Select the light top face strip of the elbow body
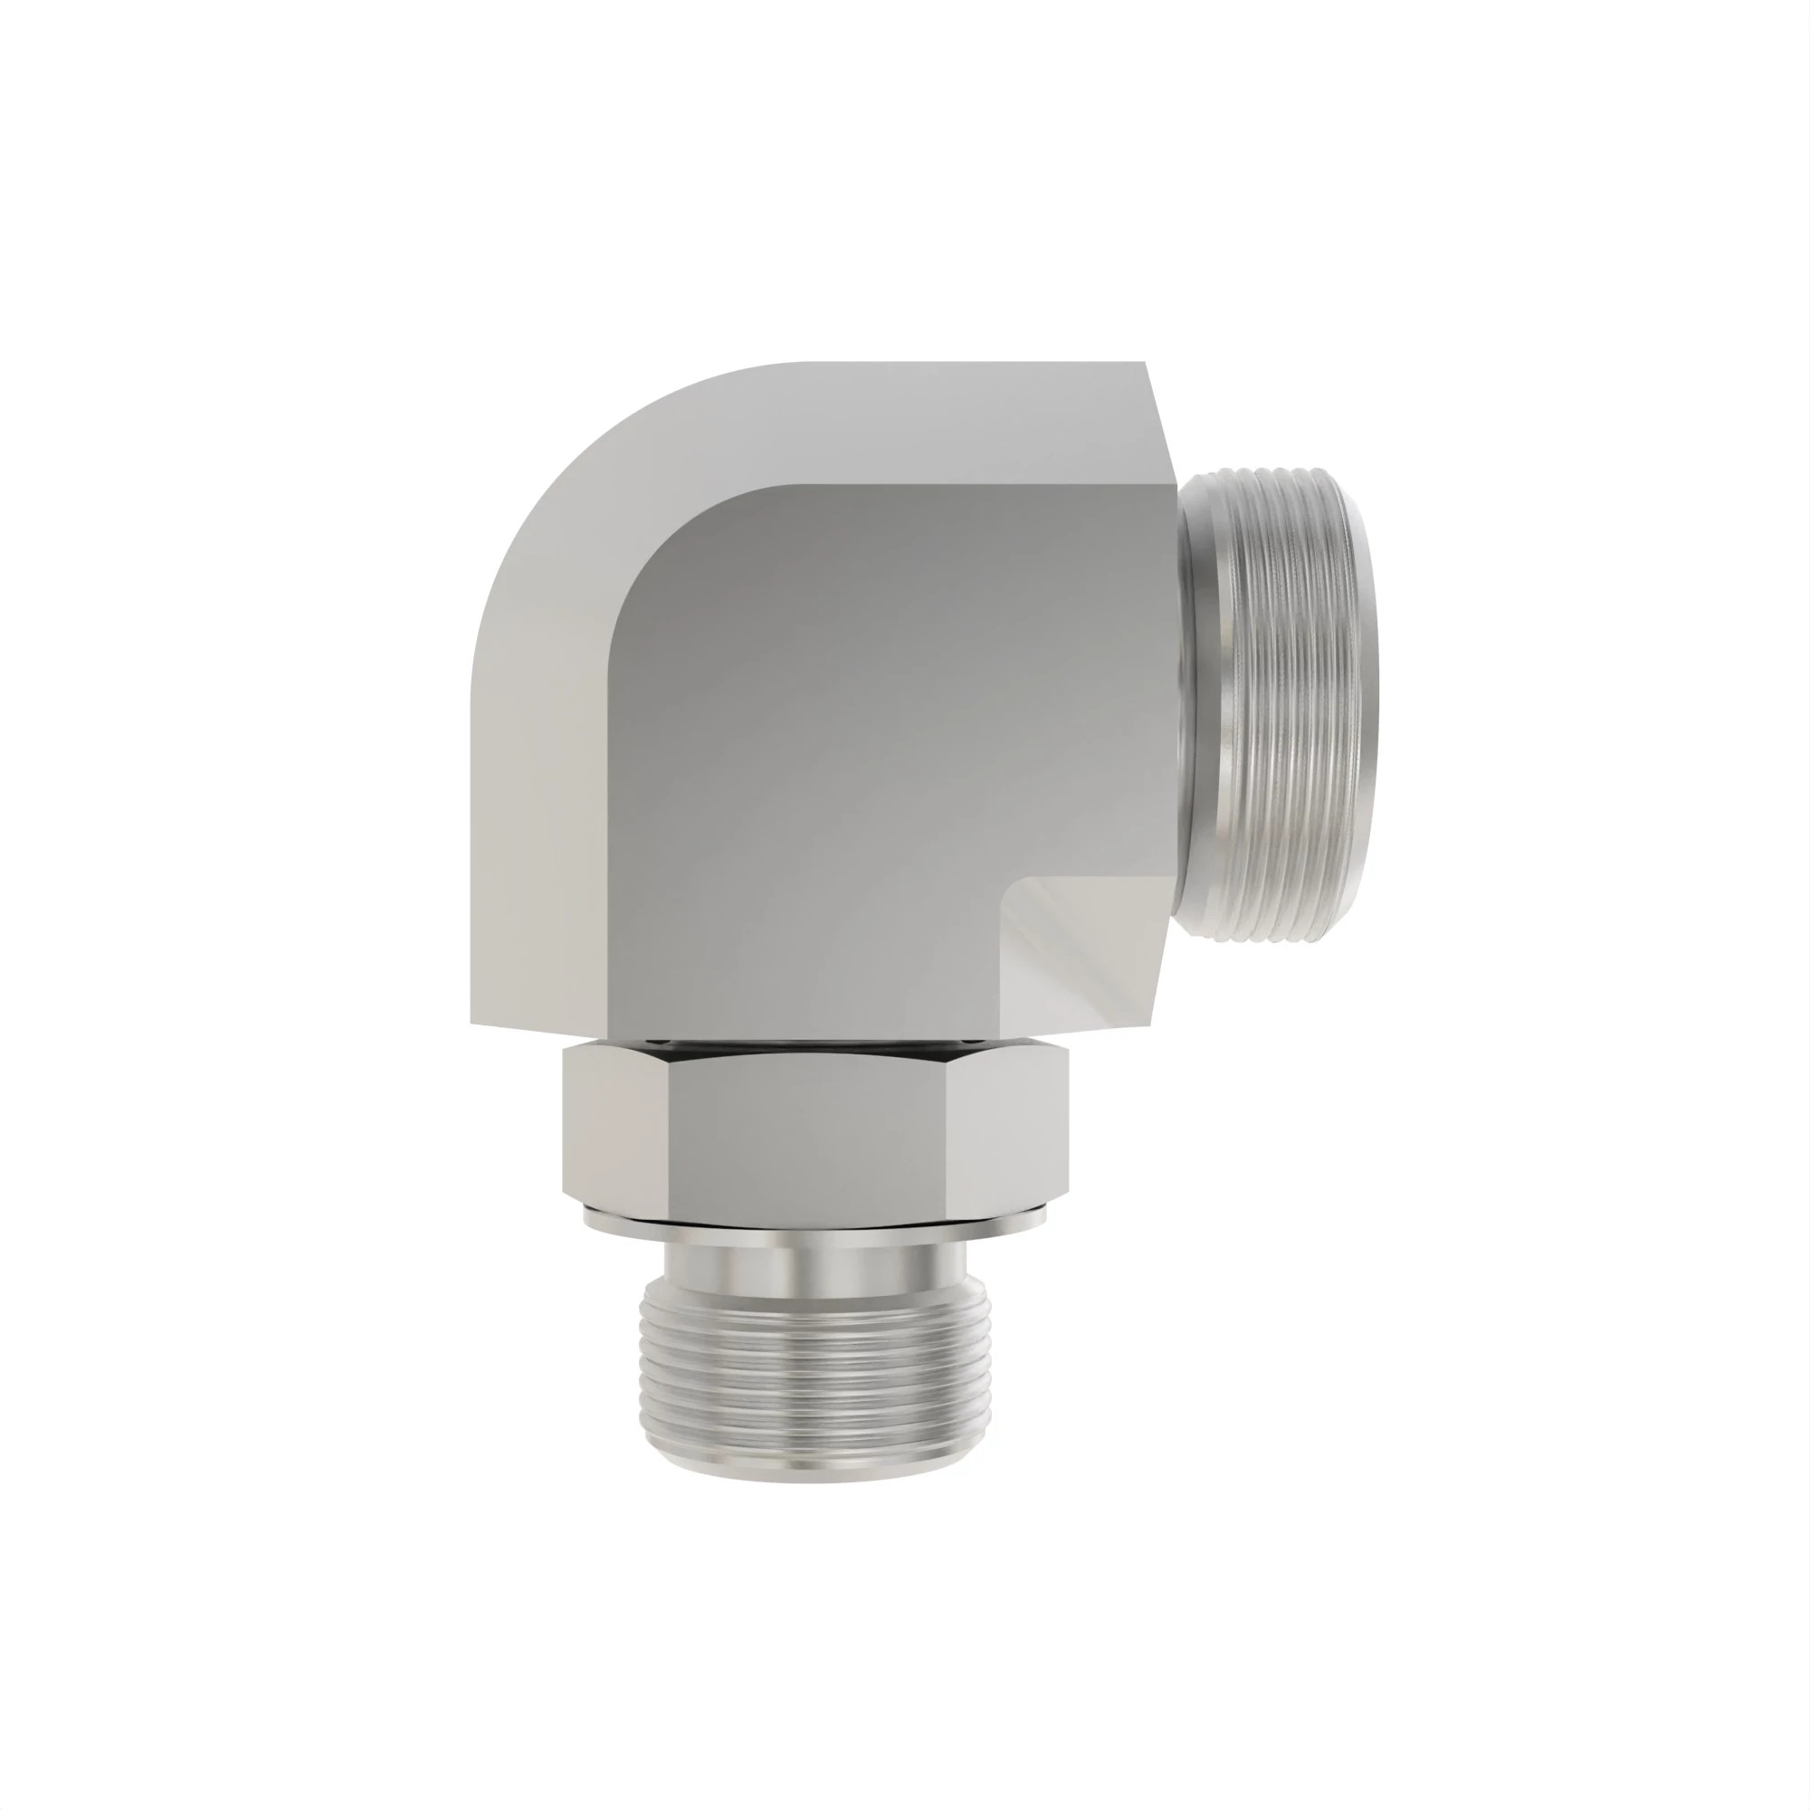point(937,422)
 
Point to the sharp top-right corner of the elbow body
point(1146,364)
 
